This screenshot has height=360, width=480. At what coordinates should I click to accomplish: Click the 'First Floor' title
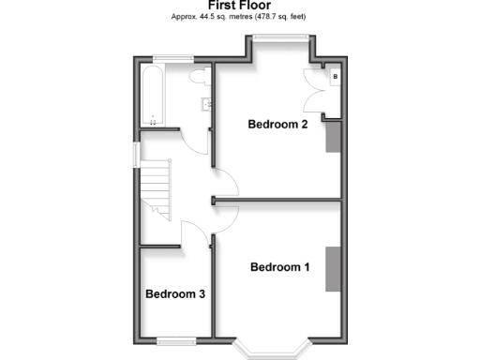240,6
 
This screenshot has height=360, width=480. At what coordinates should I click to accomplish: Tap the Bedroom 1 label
279,266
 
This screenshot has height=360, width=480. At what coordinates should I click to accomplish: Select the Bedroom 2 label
277,124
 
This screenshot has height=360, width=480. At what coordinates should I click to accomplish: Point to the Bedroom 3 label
175,294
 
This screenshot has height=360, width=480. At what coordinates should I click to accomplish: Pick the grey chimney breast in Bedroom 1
332,269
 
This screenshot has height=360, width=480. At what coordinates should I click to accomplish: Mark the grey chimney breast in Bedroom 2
332,137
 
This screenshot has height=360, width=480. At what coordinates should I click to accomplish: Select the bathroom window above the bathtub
167,62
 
